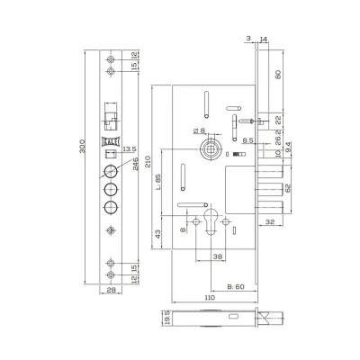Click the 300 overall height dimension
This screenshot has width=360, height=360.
click(83, 147)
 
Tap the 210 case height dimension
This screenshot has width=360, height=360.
click(148, 162)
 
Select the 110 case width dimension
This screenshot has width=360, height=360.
click(210, 297)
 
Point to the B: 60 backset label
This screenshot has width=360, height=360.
click(236, 286)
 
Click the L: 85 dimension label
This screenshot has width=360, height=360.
click(158, 182)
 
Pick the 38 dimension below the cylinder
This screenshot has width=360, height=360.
click(217, 256)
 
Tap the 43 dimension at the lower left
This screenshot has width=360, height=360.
click(157, 234)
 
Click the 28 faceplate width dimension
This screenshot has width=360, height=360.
click(111, 290)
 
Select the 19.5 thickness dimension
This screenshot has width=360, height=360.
click(167, 318)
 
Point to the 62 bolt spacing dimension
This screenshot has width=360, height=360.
click(287, 189)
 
